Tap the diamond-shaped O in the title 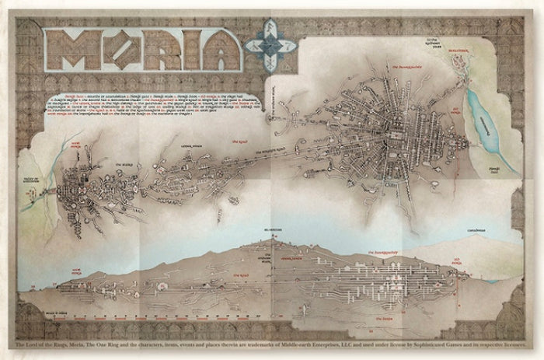[113, 49]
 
